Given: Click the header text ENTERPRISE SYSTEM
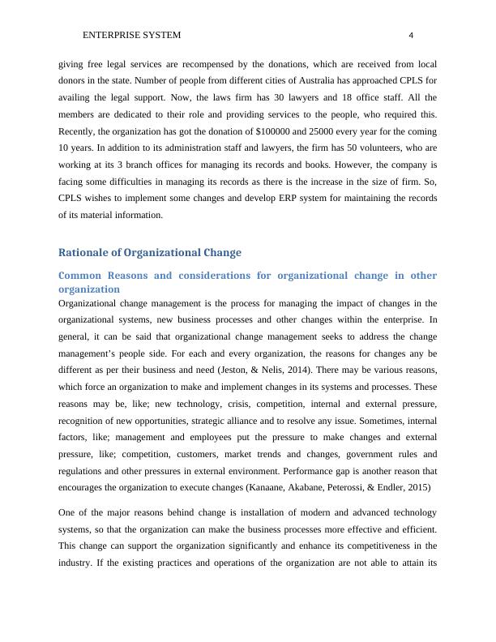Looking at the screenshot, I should [x=131, y=36].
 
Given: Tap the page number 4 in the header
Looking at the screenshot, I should [x=411, y=36].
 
